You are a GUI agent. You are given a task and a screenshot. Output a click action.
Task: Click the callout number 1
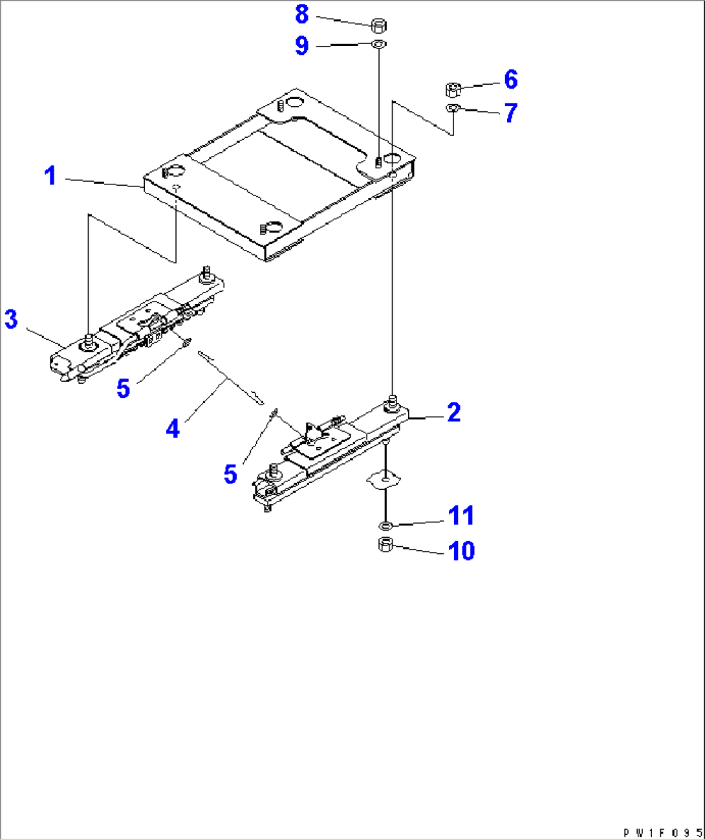tap(50, 176)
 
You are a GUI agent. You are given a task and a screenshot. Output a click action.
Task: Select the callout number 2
tap(454, 413)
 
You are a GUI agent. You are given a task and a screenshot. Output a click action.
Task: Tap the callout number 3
tap(12, 319)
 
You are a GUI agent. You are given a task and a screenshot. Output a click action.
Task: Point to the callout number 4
tap(173, 428)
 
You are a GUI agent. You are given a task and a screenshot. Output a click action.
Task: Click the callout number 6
tap(511, 80)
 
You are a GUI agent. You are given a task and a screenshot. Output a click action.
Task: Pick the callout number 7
tap(511, 113)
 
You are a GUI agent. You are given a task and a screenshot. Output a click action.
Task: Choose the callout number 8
tap(302, 14)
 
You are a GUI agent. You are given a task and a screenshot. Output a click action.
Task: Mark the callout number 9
tap(302, 46)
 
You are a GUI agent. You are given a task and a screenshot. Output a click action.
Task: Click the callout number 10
tap(462, 551)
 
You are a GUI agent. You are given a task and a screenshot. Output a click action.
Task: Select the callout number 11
tap(461, 516)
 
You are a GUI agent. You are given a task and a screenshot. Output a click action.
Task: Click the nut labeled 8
tap(380, 26)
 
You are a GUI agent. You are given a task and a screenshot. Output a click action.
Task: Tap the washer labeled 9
tap(379, 45)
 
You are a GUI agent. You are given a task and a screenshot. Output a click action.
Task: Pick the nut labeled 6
tap(453, 89)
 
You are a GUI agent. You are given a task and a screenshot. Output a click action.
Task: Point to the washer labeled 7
tap(453, 107)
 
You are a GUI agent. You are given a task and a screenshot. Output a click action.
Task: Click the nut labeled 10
tap(385, 545)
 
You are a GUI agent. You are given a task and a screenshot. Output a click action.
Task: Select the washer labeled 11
tap(385, 524)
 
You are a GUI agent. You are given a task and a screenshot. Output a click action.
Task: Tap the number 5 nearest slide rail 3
tap(123, 388)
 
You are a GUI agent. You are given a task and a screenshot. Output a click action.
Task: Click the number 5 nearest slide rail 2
tap(230, 474)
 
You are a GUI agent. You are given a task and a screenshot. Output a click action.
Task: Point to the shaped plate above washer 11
tap(385, 479)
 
